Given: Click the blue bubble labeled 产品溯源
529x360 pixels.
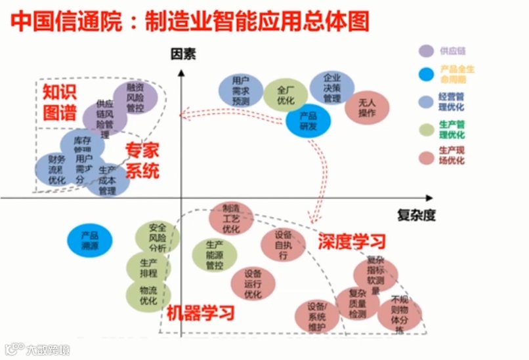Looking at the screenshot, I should [90, 240].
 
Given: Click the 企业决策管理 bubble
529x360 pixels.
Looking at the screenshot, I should [332, 88].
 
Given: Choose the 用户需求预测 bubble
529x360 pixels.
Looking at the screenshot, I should [241, 91].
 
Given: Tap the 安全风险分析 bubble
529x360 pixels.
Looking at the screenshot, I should [158, 238].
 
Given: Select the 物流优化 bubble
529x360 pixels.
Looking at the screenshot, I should [148, 294].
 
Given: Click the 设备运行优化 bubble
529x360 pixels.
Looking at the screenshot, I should [253, 283].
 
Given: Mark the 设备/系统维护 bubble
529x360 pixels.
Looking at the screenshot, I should [317, 315].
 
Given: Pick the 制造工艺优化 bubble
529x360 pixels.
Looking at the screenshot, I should [231, 218].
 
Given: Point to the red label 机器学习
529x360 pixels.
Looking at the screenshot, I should [200, 312].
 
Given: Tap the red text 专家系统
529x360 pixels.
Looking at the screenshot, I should [142, 161].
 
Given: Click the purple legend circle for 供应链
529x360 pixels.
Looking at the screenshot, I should [426, 50].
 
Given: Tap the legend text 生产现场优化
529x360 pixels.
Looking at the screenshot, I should [452, 156].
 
